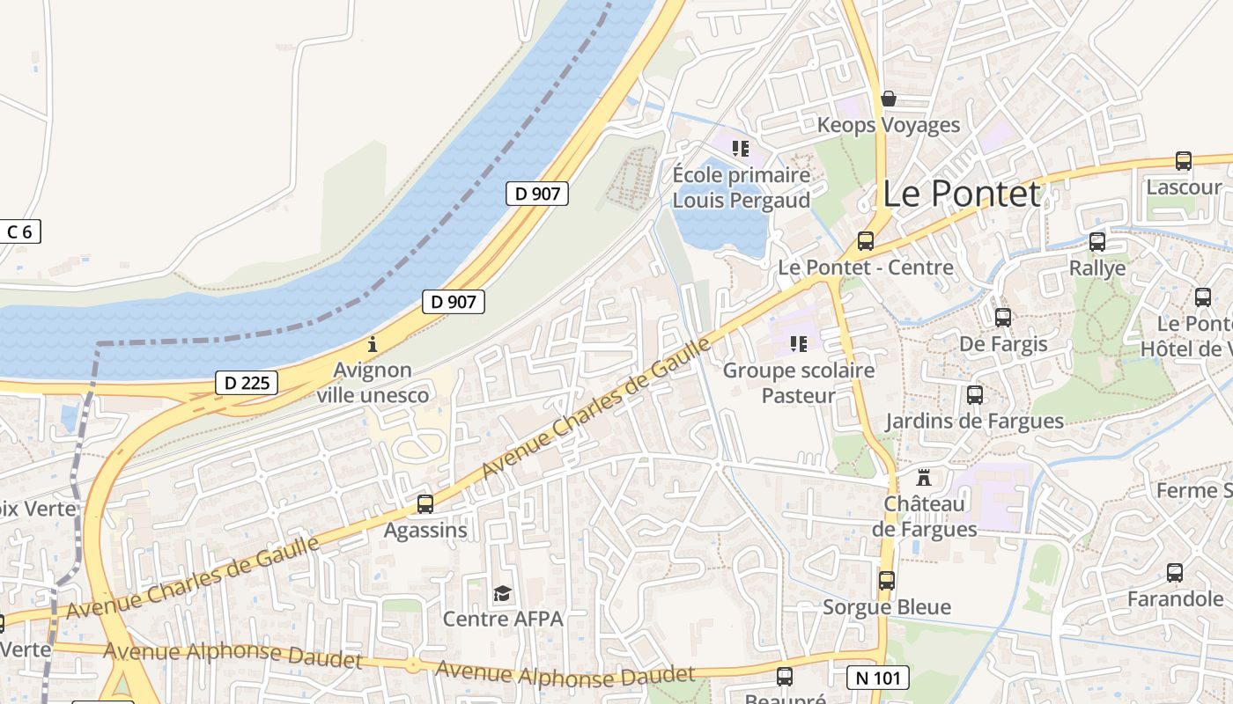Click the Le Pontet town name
(x=961, y=194)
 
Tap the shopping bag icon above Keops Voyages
(x=889, y=99)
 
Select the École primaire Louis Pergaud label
(x=741, y=187)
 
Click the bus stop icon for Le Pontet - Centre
(x=866, y=241)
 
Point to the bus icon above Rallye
(x=1097, y=241)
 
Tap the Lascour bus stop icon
(x=1184, y=161)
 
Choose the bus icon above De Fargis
(x=1003, y=318)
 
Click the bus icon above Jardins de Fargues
(x=975, y=395)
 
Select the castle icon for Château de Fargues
(x=924, y=478)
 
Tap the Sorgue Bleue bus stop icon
(x=887, y=581)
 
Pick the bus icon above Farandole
(x=1175, y=573)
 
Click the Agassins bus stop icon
(x=425, y=504)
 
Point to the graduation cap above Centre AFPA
(x=502, y=593)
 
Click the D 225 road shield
(x=247, y=383)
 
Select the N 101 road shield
(x=877, y=678)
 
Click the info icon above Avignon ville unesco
(x=373, y=344)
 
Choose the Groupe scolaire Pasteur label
(x=799, y=383)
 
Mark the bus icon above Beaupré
(x=785, y=677)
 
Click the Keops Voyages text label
(x=888, y=125)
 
